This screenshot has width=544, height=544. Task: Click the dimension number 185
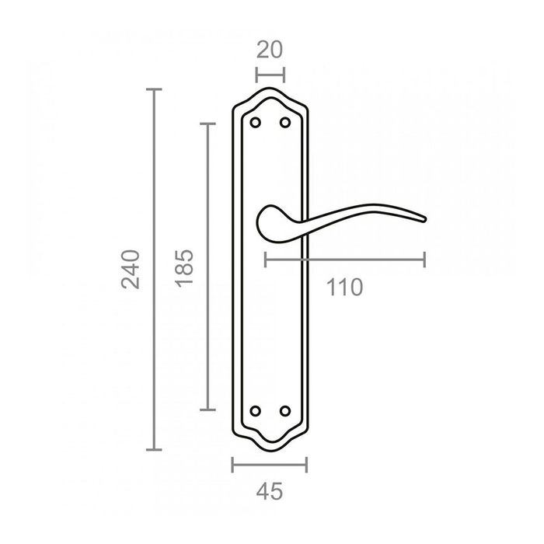pyautogui.click(x=183, y=268)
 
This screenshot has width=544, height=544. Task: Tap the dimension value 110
pyautogui.click(x=344, y=288)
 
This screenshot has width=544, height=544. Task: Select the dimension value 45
pyautogui.click(x=269, y=491)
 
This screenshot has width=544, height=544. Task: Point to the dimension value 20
pyautogui.click(x=269, y=50)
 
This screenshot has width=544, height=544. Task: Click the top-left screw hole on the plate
pyautogui.click(x=256, y=123)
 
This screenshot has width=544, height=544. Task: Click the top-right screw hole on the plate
pyautogui.click(x=284, y=123)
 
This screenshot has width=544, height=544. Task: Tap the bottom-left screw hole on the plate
pyautogui.click(x=256, y=410)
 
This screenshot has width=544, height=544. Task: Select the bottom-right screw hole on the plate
pyautogui.click(x=284, y=410)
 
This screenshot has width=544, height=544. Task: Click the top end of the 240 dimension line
pyautogui.click(x=155, y=90)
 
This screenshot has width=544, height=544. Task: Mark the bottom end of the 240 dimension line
pyautogui.click(x=155, y=450)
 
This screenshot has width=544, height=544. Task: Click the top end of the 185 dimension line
pyautogui.click(x=207, y=123)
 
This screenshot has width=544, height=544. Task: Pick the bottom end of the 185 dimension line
pyautogui.click(x=207, y=410)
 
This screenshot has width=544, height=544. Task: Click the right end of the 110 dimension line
pyautogui.click(x=424, y=260)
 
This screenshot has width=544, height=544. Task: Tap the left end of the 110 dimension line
pyautogui.click(x=266, y=260)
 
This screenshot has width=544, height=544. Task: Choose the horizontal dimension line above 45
pyautogui.click(x=270, y=465)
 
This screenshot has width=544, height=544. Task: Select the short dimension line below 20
pyautogui.click(x=270, y=75)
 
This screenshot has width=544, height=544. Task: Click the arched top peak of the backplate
pyautogui.click(x=270, y=89)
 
